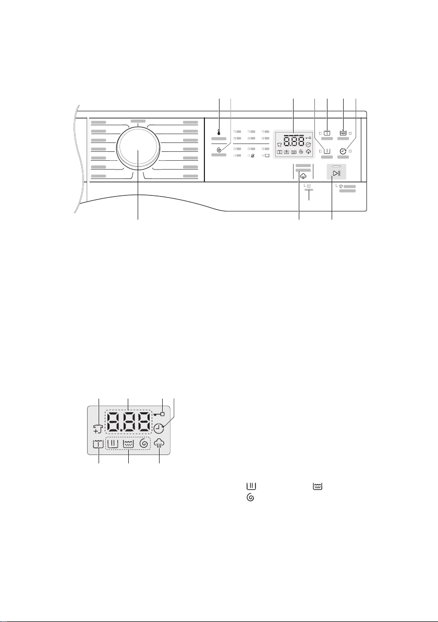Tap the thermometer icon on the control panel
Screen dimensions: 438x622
pyautogui.click(x=219, y=133)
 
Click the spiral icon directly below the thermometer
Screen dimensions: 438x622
pyautogui.click(x=219, y=150)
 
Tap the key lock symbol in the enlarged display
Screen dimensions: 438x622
pyautogui.click(x=160, y=414)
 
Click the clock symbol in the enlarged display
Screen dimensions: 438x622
pyautogui.click(x=160, y=428)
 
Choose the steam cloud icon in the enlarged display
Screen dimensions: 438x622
pyautogui.click(x=160, y=444)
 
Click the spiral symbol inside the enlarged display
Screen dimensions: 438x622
pyautogui.click(x=144, y=444)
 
